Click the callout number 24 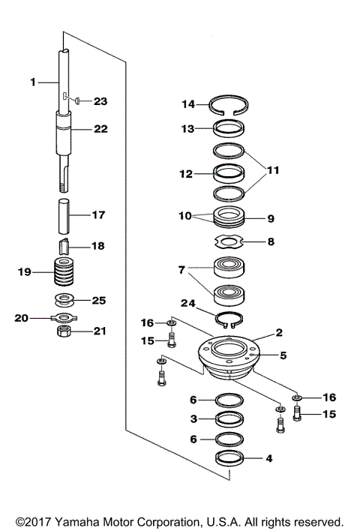click(x=190, y=303)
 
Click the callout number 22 click(x=100, y=128)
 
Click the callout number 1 click(x=33, y=81)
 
